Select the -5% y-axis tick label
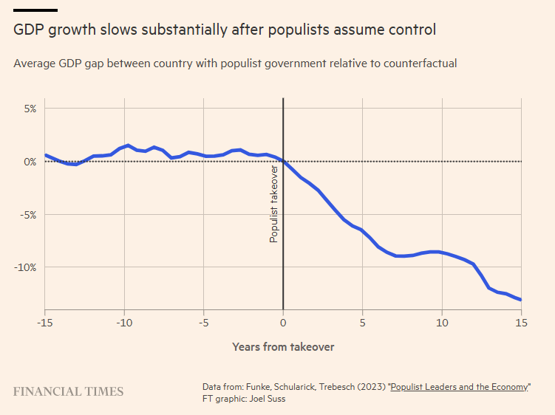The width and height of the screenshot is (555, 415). (27, 215)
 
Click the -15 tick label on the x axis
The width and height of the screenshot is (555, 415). (44, 323)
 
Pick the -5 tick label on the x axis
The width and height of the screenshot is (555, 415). (203, 323)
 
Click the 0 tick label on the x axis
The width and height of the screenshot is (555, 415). (283, 323)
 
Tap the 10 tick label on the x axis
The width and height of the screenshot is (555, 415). (442, 323)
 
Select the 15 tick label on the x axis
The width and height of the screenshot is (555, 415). (521, 323)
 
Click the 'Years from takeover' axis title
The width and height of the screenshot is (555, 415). (283, 346)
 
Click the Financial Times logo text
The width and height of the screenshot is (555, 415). (68, 391)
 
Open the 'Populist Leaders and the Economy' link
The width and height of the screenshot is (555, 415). (460, 387)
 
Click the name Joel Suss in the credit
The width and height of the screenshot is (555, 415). (270, 399)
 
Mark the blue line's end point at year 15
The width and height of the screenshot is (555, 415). (521, 300)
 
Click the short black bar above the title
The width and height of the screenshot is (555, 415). (35, 10)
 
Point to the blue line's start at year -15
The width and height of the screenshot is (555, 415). (45, 155)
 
